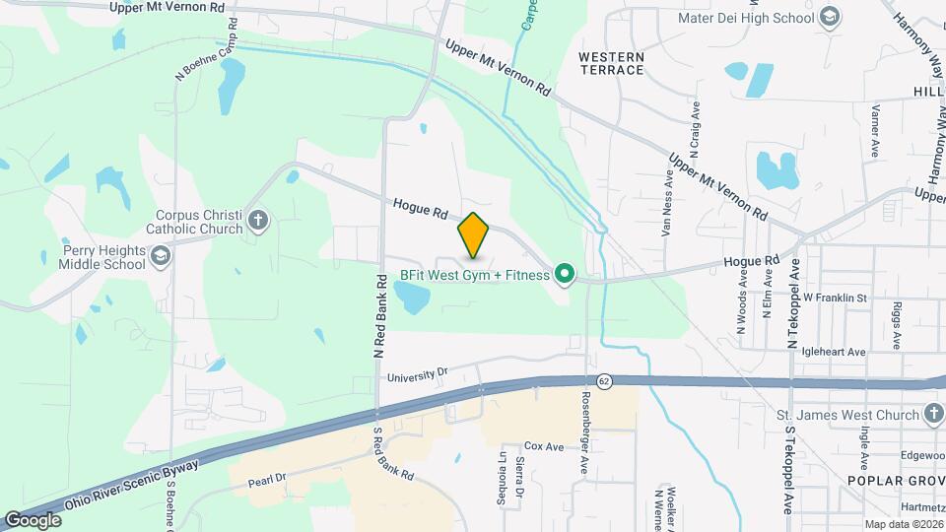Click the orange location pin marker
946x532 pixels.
pyautogui.click(x=474, y=235)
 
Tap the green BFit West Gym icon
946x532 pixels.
pyautogui.click(x=565, y=275)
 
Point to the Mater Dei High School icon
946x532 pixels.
pyautogui.click(x=830, y=17)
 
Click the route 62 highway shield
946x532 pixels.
pyautogui.click(x=604, y=380)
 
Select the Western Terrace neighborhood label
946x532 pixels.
pyautogui.click(x=611, y=64)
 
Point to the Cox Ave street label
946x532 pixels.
pyautogui.click(x=544, y=446)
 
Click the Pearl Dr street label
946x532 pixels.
pyautogui.click(x=266, y=478)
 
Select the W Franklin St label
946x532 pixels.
pyautogui.click(x=834, y=297)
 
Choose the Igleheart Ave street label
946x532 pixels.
pyautogui.click(x=834, y=351)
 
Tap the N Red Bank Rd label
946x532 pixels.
pyautogui.click(x=377, y=315)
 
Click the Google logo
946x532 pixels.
pyautogui.click(x=33, y=519)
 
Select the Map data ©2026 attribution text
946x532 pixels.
pyautogui.click(x=902, y=524)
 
